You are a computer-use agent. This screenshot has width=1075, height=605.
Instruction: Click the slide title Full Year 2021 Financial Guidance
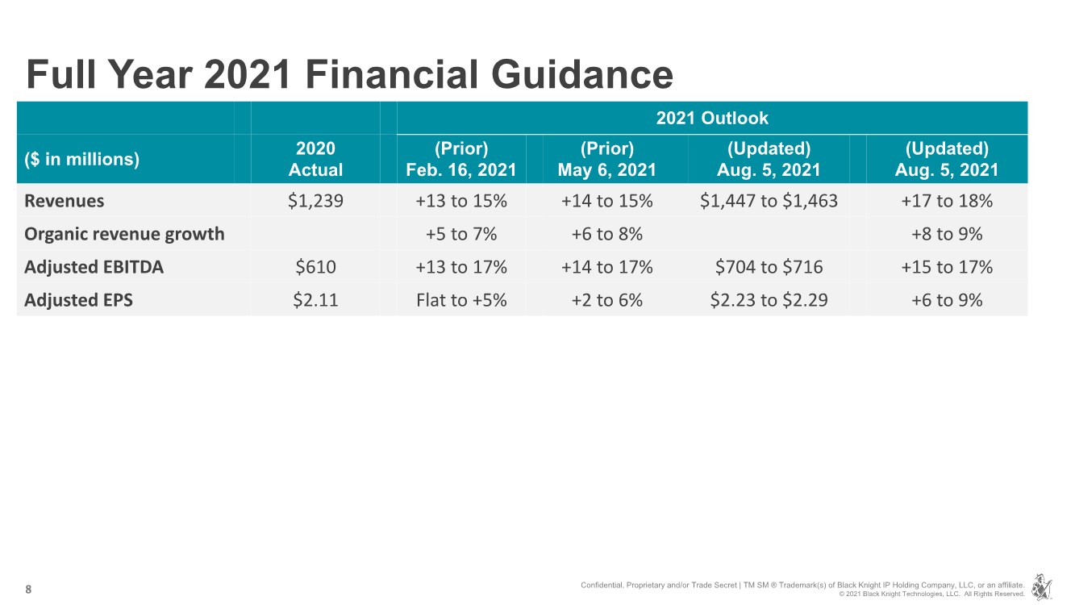tap(349, 75)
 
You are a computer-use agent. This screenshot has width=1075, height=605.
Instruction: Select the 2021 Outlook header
tap(711, 118)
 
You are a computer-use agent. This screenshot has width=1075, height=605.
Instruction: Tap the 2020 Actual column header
tap(315, 159)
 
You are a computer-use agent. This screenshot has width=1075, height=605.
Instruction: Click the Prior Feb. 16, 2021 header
tap(460, 159)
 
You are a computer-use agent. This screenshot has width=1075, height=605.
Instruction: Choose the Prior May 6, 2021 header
tap(606, 159)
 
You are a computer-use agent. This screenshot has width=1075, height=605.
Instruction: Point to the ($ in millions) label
tap(82, 159)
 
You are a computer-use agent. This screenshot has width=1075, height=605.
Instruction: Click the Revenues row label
tap(65, 201)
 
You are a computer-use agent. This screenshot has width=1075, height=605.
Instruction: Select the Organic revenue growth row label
tap(125, 234)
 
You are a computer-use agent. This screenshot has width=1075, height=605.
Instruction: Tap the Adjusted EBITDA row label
tap(94, 267)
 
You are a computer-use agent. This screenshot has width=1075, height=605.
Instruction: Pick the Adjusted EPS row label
tap(79, 300)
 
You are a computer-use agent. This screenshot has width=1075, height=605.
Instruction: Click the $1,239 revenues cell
tap(315, 201)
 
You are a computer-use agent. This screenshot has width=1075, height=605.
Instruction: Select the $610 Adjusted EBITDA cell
tap(315, 267)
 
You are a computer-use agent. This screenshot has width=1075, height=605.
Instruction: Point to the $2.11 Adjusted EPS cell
tap(315, 300)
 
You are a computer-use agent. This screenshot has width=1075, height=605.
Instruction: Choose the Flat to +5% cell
tap(460, 300)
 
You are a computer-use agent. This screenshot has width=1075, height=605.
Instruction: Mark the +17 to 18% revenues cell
tap(947, 201)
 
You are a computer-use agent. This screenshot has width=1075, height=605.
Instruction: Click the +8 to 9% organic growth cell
tap(947, 234)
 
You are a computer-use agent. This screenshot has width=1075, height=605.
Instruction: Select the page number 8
tap(29, 590)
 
